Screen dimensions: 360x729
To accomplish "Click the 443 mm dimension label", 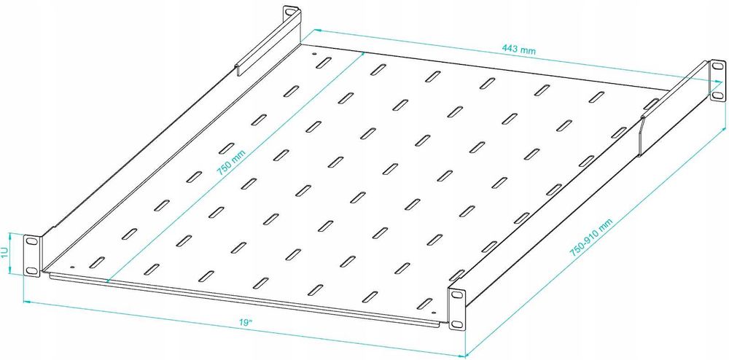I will tap(518, 51).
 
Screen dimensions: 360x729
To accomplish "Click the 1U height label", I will tap(5, 254).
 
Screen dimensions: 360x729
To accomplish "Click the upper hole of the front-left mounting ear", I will tap(31, 241).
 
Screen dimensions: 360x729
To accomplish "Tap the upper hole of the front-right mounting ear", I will tap(459, 295).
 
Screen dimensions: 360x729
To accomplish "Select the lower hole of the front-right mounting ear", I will tap(459, 324).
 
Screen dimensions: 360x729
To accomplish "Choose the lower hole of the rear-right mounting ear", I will tap(717, 95).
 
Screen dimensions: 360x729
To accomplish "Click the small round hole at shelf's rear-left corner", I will tap(314, 54).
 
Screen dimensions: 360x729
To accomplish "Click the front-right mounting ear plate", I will tap(458, 310).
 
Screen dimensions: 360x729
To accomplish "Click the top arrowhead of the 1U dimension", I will tap(11, 234).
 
